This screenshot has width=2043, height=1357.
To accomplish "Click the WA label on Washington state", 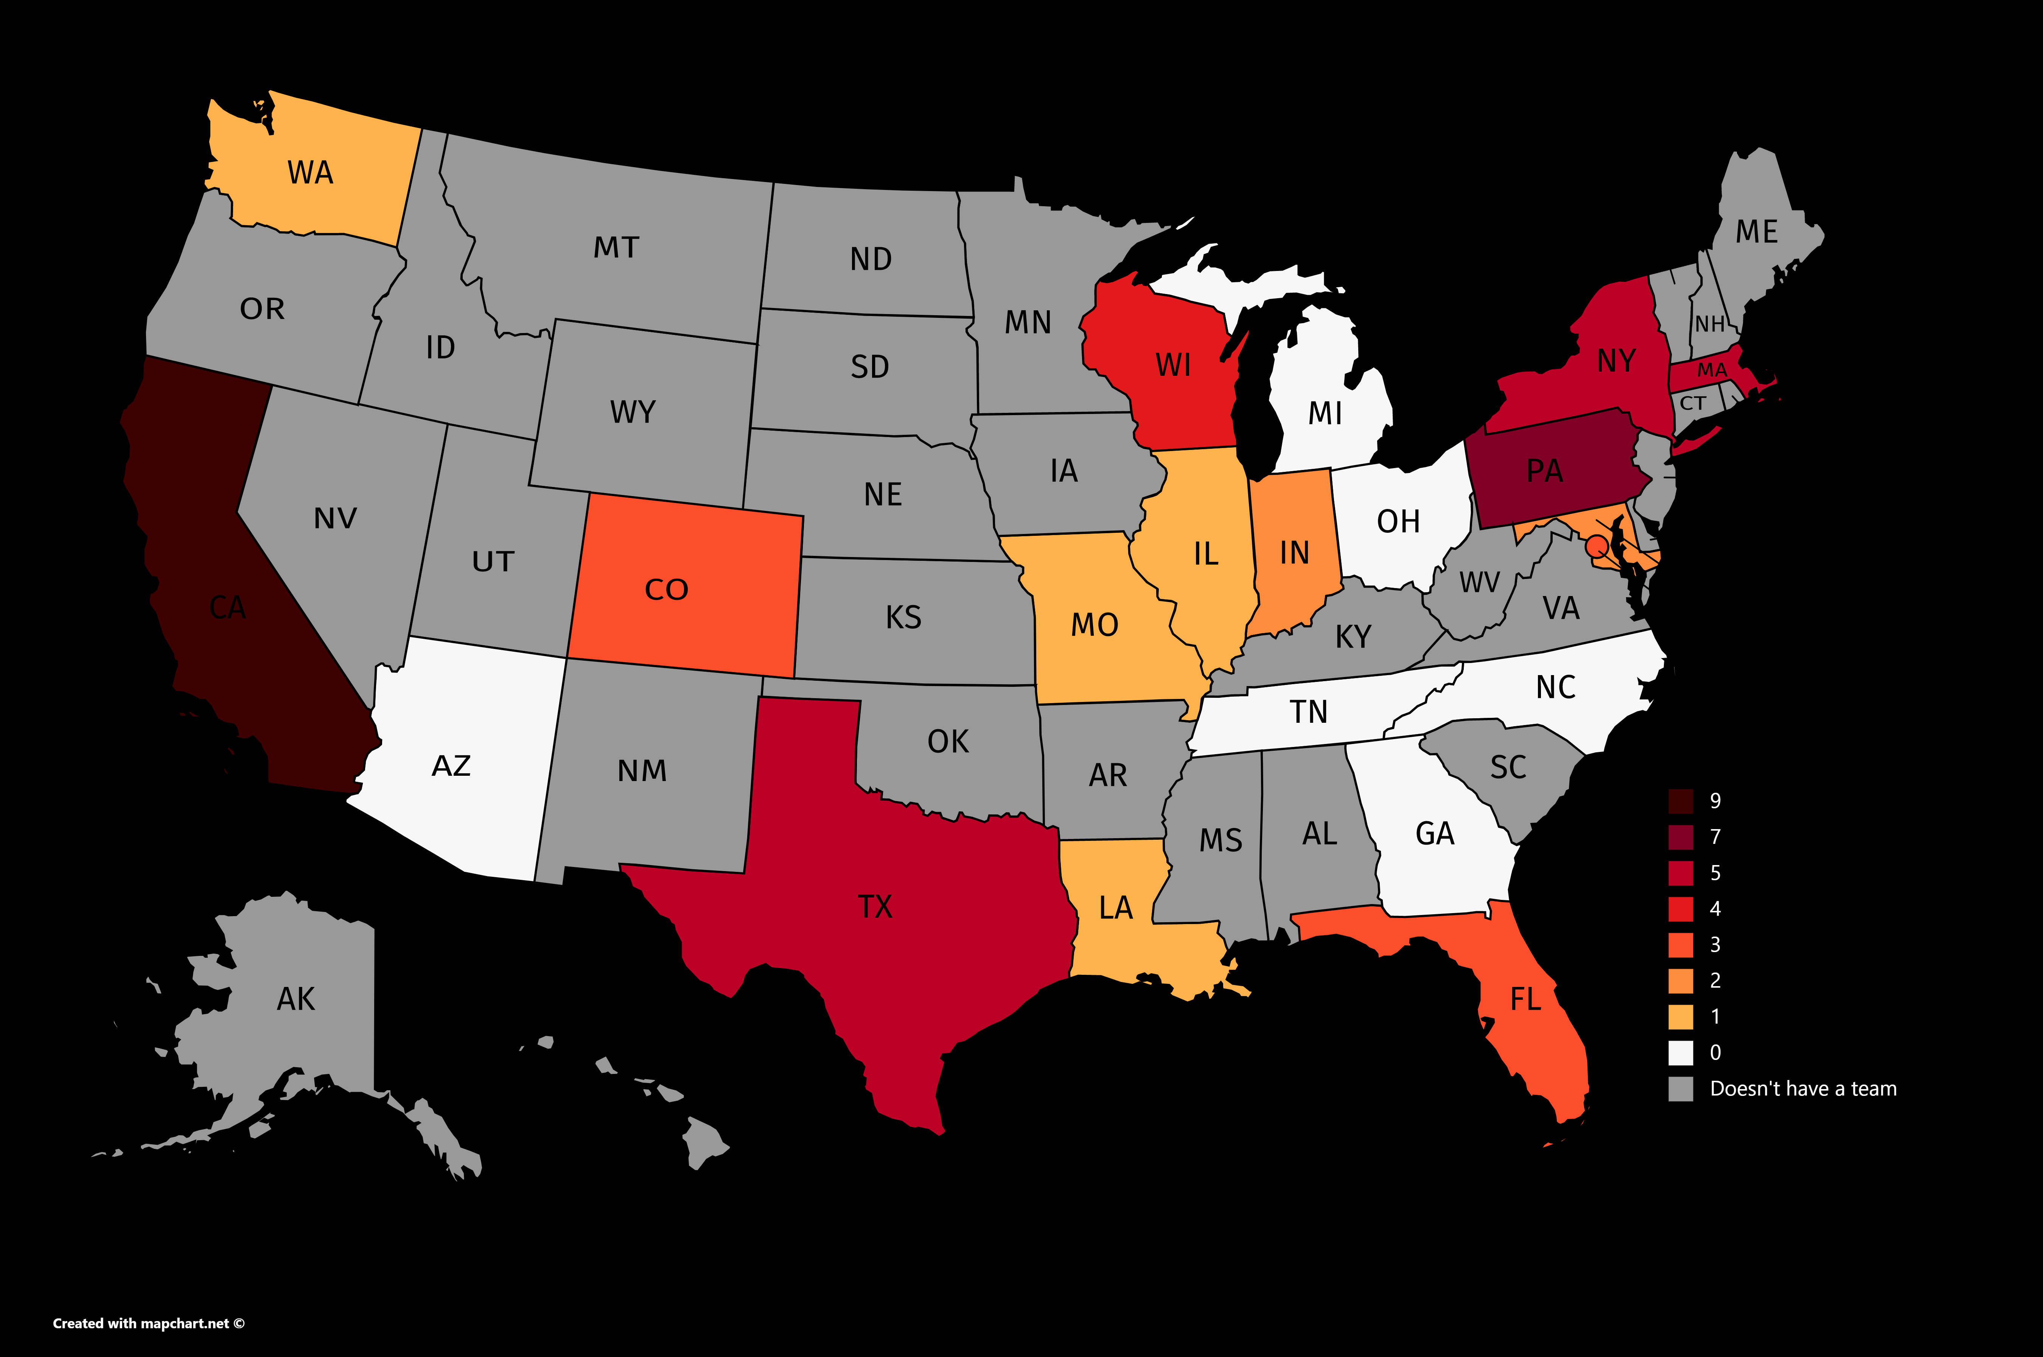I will click(310, 173).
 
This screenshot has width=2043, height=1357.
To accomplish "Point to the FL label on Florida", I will click(1525, 999).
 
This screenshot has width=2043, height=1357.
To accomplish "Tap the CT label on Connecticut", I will click(1693, 403).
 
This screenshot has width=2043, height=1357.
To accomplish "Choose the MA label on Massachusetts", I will click(1712, 370).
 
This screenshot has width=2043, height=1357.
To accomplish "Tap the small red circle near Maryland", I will click(1597, 546).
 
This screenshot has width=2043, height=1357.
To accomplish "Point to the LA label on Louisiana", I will click(1115, 908).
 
